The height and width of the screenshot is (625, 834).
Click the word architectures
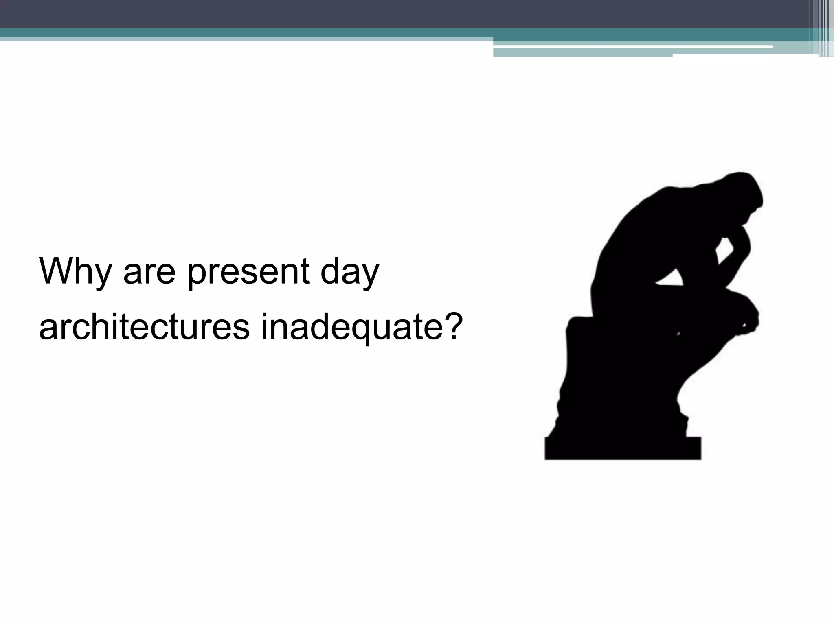coord(144,328)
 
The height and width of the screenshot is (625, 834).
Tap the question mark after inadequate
coord(452,326)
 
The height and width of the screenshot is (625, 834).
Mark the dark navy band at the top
coord(367,13)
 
